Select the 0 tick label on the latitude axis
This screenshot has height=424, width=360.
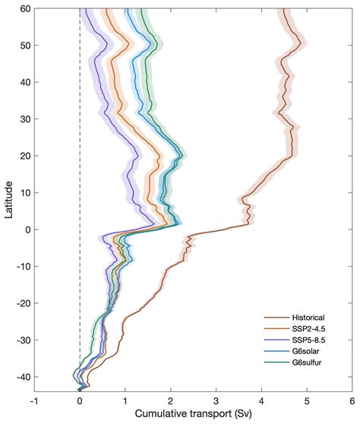27,229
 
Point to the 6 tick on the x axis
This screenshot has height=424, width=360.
352,401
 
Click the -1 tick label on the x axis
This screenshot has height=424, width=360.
34,401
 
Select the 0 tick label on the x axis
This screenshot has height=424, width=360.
80,401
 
